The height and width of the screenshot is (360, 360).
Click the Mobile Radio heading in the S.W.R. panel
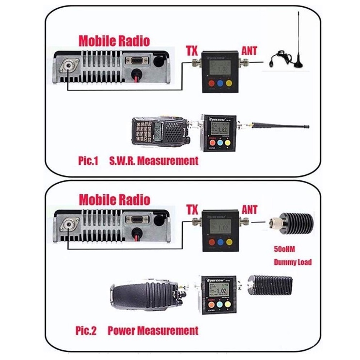[114, 41]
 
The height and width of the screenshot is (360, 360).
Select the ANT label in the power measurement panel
[250, 209]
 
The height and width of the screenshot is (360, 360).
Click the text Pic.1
[88, 160]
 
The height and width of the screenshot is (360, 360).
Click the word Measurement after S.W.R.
[168, 160]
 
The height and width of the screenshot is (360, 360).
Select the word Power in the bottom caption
[122, 331]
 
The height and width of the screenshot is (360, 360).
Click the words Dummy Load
[293, 262]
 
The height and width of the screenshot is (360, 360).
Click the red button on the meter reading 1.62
[213, 144]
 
